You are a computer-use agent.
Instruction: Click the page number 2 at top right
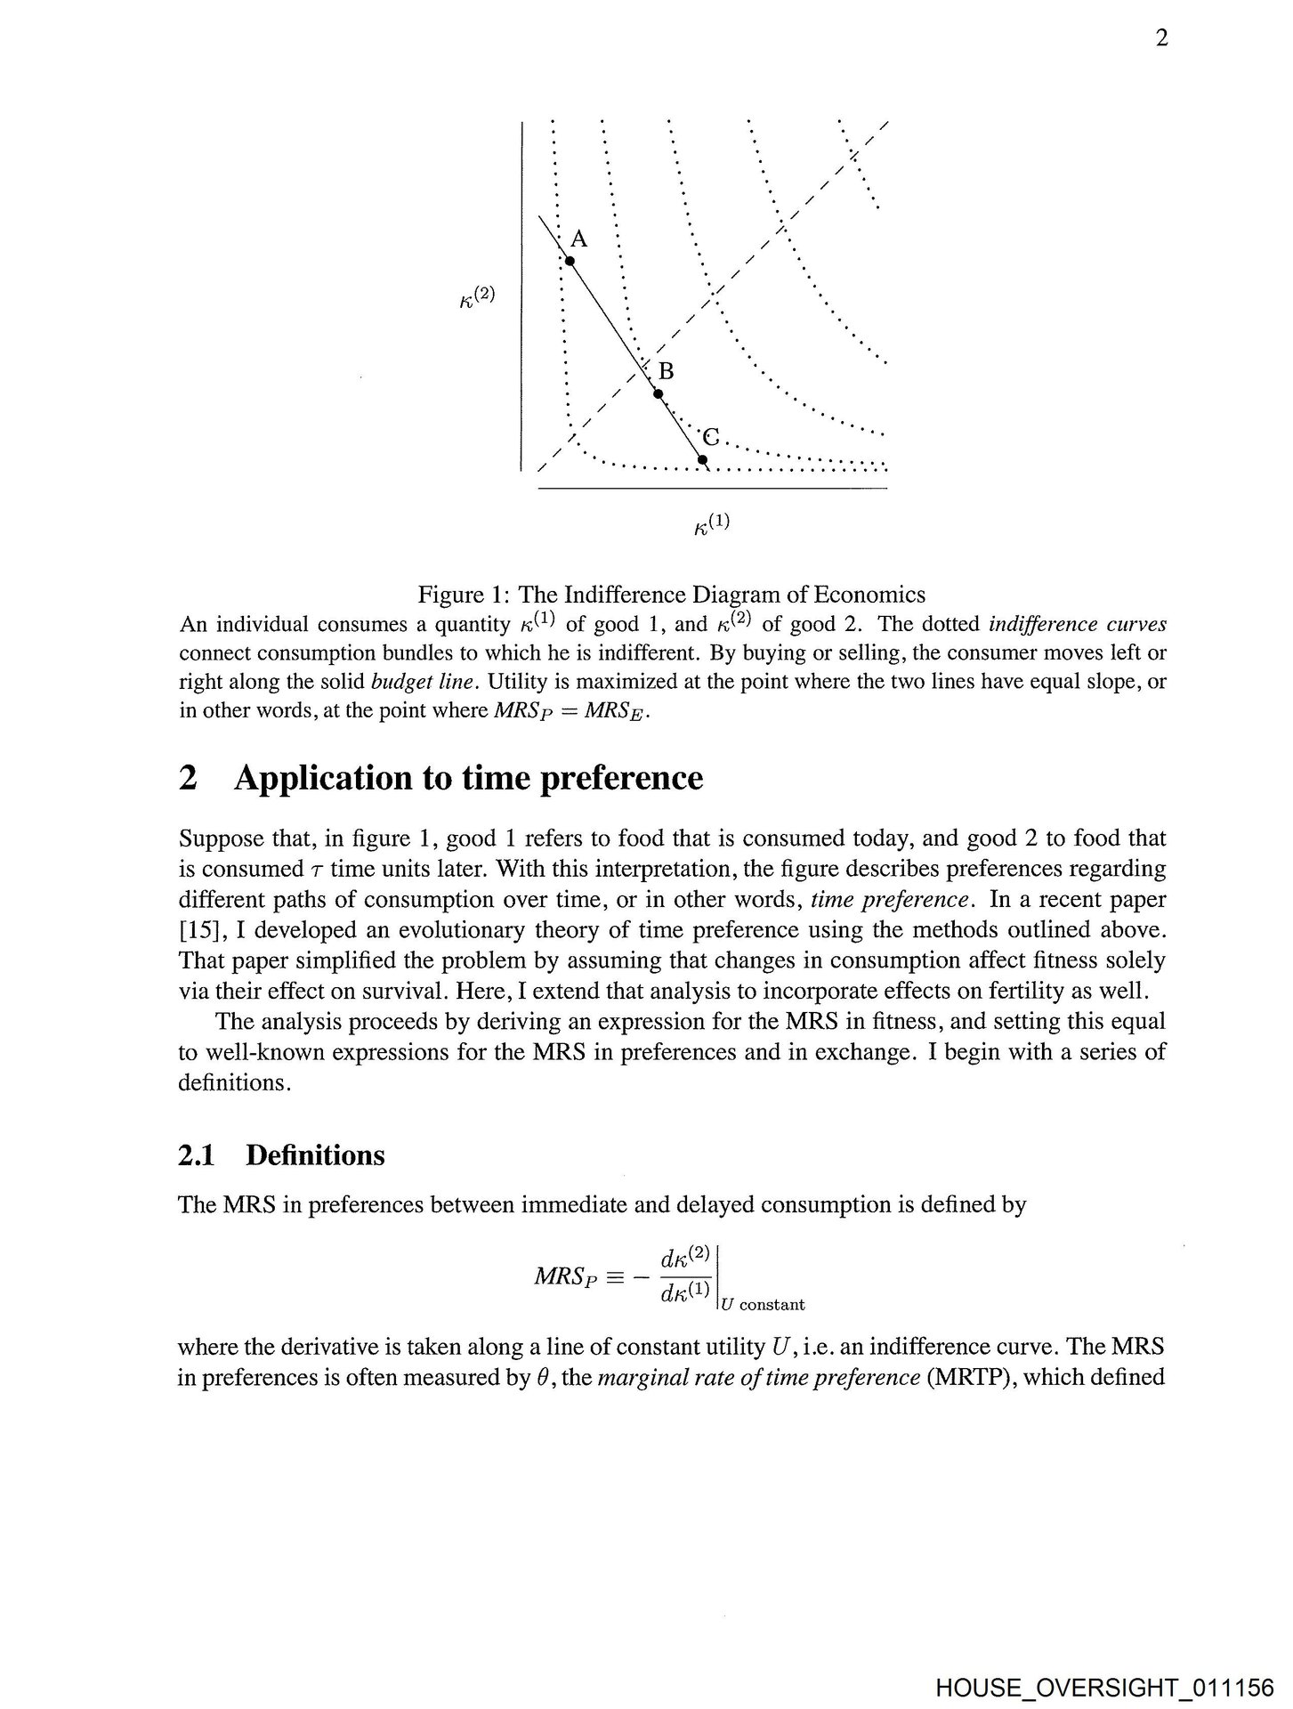[x=1161, y=39]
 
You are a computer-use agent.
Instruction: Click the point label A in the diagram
[x=579, y=239]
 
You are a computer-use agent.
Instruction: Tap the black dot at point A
[x=570, y=261]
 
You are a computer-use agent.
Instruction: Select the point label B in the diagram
[x=666, y=371]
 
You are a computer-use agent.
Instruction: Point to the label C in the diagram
[x=711, y=437]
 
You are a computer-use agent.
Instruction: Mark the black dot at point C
[x=702, y=459]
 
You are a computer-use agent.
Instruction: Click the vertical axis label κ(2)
[x=477, y=296]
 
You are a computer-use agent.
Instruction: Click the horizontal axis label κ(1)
[x=712, y=524]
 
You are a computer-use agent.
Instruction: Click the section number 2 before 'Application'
[x=188, y=778]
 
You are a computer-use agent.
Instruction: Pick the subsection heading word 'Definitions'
[x=315, y=1155]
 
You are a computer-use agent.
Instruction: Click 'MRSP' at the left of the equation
[x=562, y=1277]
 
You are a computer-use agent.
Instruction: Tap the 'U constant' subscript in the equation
[x=764, y=1305]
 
